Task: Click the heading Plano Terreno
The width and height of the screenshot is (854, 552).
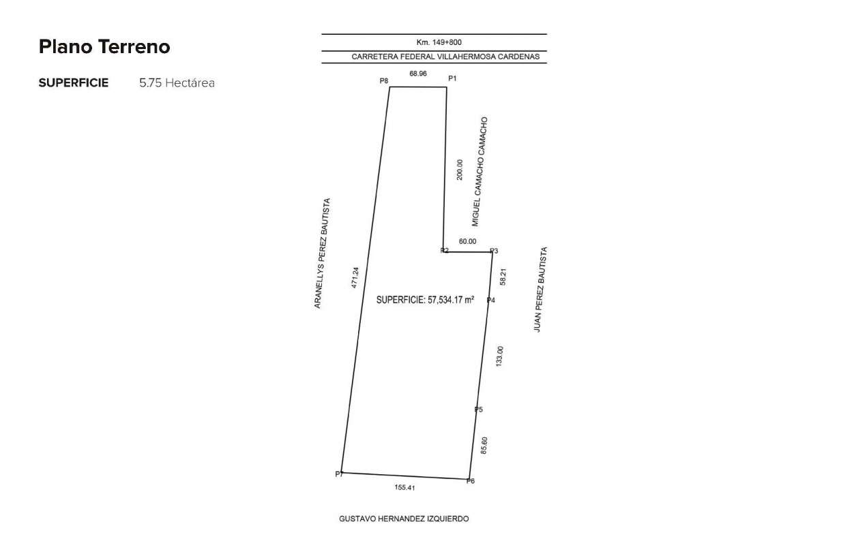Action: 104,47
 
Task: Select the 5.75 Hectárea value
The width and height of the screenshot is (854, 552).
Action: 177,82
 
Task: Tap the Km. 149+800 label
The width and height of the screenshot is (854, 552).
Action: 439,42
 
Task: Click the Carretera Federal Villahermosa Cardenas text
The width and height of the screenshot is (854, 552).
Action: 445,57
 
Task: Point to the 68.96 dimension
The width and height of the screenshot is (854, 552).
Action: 418,74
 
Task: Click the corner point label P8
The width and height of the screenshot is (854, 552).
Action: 384,81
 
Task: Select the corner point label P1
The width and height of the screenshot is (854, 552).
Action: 452,78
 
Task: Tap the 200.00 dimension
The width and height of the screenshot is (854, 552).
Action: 460,170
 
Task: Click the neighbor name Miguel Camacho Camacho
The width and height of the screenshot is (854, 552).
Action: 480,172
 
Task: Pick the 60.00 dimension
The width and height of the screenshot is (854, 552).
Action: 467,241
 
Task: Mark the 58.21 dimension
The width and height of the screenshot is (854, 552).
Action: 503,277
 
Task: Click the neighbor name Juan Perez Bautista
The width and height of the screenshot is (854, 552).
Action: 541,290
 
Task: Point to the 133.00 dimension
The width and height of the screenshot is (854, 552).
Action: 499,356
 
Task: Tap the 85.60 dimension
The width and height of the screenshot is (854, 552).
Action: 484,445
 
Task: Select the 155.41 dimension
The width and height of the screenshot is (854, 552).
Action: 404,487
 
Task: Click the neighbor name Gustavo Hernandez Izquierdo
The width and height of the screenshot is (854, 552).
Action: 404,519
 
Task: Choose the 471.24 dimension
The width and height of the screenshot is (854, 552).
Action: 355,277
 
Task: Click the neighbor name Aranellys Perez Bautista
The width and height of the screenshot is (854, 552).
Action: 322,254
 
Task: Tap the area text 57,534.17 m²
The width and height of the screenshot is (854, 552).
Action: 451,300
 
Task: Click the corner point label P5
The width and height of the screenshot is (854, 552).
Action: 478,410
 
